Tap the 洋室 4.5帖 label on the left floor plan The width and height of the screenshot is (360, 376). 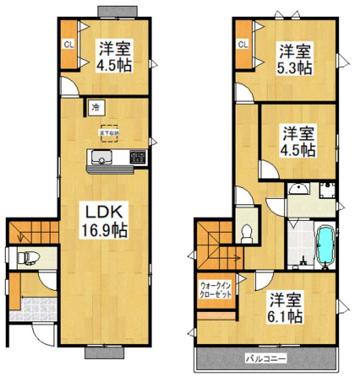click(x=113, y=57)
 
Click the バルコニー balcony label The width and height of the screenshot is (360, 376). click(x=266, y=359)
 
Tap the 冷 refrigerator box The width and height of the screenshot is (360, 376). click(x=95, y=108)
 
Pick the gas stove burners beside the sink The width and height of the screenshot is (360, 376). click(x=138, y=157)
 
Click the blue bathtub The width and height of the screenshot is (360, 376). click(x=325, y=246)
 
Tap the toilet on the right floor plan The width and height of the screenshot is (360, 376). click(x=246, y=233)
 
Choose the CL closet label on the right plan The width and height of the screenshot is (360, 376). click(x=243, y=44)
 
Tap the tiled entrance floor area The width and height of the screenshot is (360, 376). click(x=34, y=308)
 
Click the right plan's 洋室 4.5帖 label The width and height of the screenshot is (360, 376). click(x=299, y=142)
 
